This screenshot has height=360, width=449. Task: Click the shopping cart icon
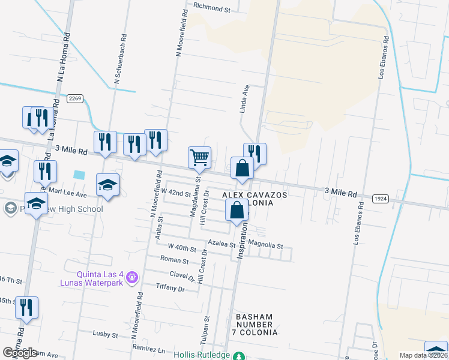pos(200,158)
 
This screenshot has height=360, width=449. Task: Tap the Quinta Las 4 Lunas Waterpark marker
pos(133,277)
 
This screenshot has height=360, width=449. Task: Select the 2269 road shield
pos(75,98)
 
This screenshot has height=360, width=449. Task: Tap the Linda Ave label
pos(244,98)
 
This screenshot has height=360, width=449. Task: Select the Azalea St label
pos(221,244)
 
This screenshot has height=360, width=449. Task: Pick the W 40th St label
pos(182,247)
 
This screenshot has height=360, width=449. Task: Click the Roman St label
pos(175,261)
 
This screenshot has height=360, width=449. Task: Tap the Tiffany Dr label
pos(169,288)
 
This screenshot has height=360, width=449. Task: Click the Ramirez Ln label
pos(150,349)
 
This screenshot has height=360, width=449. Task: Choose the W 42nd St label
pos(175,194)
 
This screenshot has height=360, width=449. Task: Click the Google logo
pos(20,353)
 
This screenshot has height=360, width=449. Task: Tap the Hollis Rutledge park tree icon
pos(239,356)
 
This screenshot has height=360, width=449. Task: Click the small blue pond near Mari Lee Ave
pos(79,175)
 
